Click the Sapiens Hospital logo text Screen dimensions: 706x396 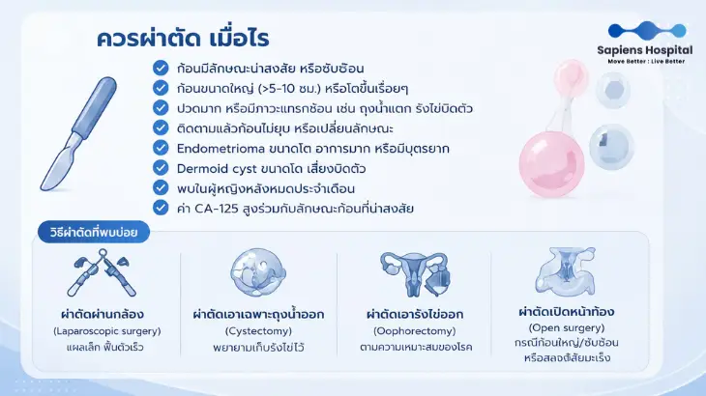645,50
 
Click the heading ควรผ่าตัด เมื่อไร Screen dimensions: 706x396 183,39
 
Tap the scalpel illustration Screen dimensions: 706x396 78,133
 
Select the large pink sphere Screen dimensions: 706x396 551,164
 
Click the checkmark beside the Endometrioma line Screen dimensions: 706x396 161,148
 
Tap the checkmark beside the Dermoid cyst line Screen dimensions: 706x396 161,168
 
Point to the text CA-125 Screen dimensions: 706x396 216,209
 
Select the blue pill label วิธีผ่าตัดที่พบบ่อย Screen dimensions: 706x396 94,232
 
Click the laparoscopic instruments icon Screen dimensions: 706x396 102,272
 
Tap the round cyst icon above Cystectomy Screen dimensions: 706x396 258,272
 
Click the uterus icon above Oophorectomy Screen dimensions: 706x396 415,273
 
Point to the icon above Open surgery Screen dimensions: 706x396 567,271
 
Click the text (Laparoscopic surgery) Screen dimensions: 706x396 107,331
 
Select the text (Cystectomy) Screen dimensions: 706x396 258,331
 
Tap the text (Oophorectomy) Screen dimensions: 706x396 415,331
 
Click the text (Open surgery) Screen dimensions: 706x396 567,327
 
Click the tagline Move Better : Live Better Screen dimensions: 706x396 646,61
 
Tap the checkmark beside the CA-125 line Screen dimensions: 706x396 161,208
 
